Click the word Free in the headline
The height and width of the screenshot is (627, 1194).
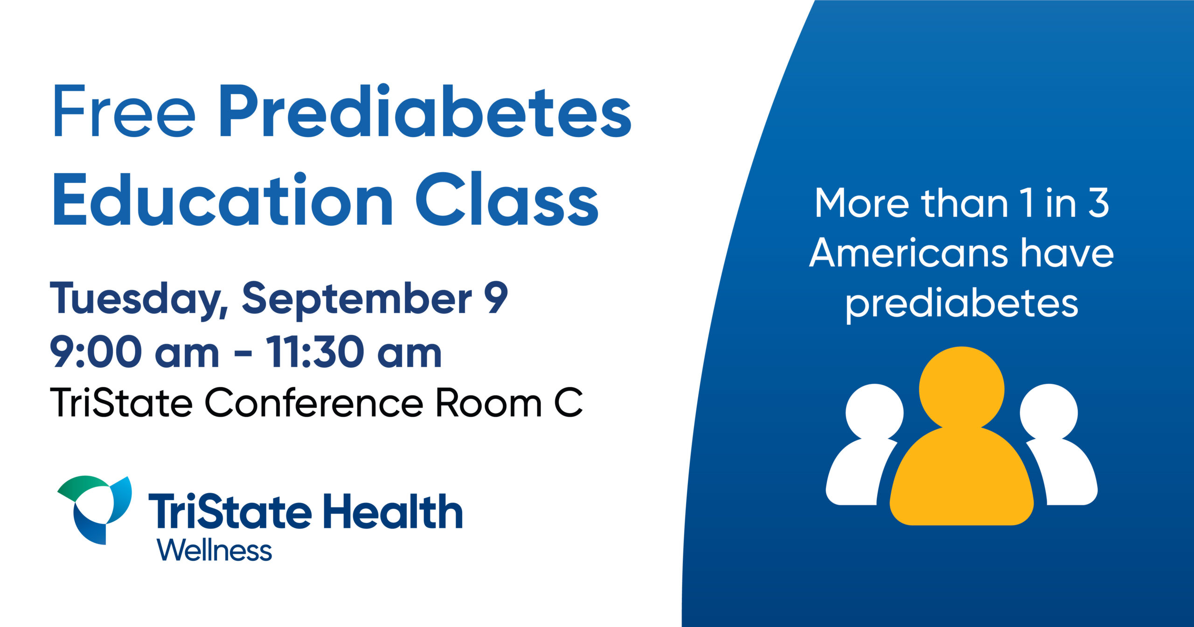[125, 111]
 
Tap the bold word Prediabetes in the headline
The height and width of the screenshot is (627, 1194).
[424, 111]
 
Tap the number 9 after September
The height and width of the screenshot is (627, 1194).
[496, 298]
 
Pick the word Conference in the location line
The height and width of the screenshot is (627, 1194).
[313, 402]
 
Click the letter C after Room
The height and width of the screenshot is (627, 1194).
[569, 402]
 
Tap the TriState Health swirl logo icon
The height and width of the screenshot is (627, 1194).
[95, 510]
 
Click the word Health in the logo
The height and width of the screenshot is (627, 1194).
[393, 511]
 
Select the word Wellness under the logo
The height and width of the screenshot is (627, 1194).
[215, 550]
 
